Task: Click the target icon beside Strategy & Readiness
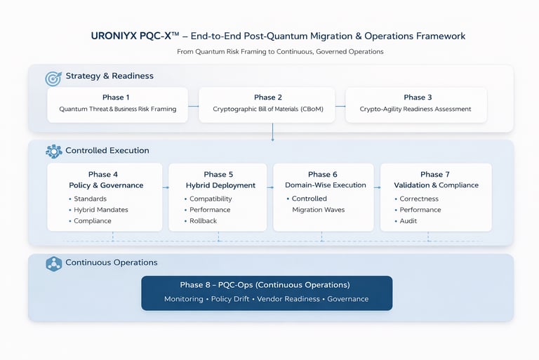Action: coord(53,79)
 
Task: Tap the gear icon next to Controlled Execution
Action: coord(53,152)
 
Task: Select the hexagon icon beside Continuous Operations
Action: coord(53,264)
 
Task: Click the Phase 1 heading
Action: coord(116,98)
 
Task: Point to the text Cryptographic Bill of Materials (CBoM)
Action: coord(268,109)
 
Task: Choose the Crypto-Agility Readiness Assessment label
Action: coord(415,109)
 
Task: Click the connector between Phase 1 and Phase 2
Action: coord(194,106)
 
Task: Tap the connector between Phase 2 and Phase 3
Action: coord(340,106)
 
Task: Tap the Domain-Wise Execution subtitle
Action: coord(326,185)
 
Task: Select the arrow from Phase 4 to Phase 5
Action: coord(166,187)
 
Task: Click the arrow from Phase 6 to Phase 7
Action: coord(377,187)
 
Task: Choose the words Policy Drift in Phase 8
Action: coord(230,299)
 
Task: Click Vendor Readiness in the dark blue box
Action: coord(288,299)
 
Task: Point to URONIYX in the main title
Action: coord(114,36)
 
